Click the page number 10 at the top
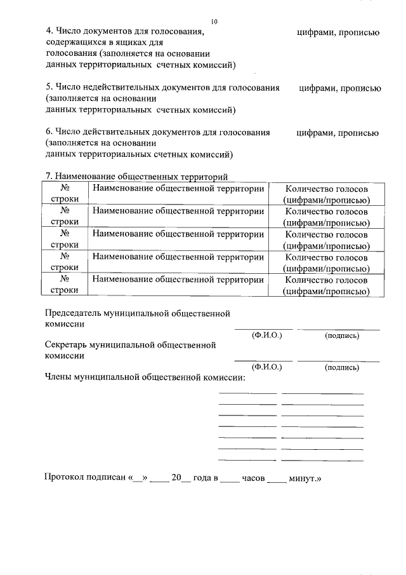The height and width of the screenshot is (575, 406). [214, 22]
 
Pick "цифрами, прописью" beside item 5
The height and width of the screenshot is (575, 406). [339, 88]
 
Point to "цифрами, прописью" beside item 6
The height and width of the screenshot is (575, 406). [337, 133]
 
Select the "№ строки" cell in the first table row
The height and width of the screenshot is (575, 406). [64, 194]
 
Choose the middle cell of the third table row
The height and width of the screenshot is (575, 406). [178, 240]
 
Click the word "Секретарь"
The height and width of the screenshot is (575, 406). [66, 345]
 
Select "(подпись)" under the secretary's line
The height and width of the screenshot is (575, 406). [341, 367]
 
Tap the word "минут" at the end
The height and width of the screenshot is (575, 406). [301, 477]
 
